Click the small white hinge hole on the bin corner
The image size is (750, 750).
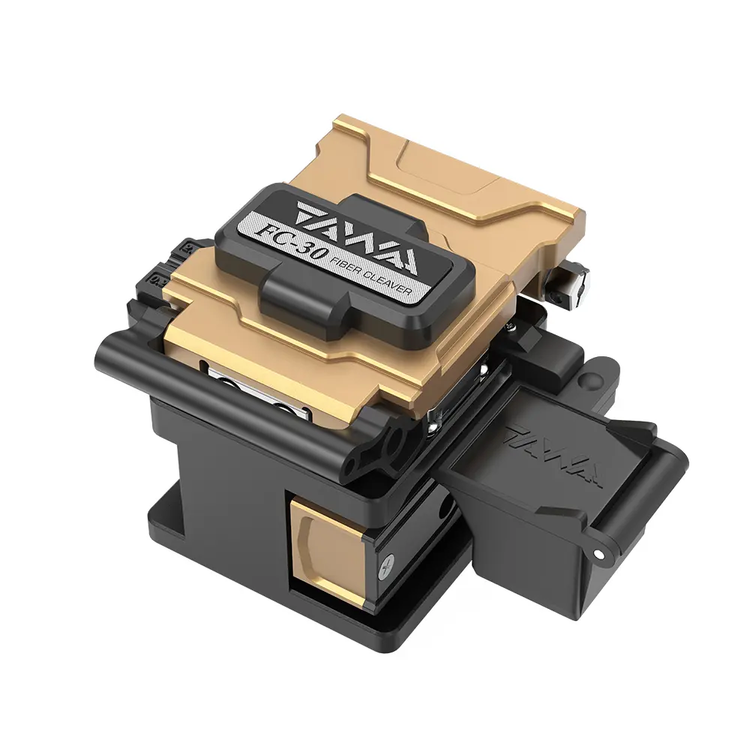[598, 553]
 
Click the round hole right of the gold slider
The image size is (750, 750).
[445, 511]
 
